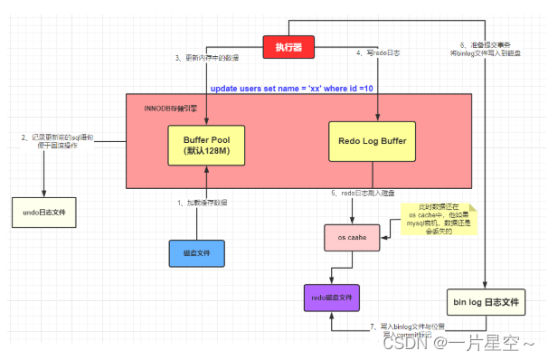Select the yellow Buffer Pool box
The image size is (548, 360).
pos(206,144)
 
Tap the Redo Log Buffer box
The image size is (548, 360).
pos(372,143)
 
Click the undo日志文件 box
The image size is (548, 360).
pos(44,215)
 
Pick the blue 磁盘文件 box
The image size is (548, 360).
pos(196,253)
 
